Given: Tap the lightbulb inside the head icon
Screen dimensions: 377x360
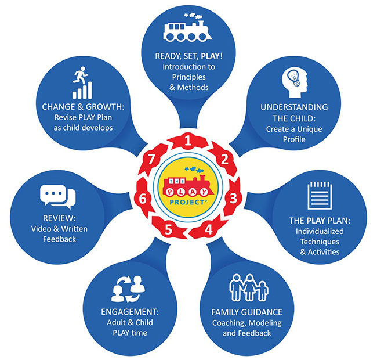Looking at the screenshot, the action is (x=293, y=77).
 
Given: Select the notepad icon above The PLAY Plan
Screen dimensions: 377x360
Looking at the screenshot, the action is (x=320, y=196).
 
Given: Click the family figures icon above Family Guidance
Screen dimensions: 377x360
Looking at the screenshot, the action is (x=249, y=287).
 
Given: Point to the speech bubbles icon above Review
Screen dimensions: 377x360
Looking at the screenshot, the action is (x=57, y=197).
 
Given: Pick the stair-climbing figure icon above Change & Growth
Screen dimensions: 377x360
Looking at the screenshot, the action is (x=82, y=82).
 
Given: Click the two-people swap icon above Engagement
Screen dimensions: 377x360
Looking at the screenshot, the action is (x=128, y=289).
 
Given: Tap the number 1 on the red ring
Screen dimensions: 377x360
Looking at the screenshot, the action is (x=188, y=141).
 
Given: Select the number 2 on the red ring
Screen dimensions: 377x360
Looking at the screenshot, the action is (x=224, y=159).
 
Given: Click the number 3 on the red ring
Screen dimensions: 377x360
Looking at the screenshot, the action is (x=233, y=198).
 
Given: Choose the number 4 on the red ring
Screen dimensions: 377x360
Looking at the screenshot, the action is (x=208, y=229).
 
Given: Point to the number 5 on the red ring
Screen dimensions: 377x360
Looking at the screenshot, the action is (x=168, y=229).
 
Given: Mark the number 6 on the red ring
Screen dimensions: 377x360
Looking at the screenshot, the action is (x=143, y=199).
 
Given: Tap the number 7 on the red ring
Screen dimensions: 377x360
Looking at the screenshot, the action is (x=151, y=159).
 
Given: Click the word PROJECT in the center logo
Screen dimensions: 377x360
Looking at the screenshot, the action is (x=187, y=203).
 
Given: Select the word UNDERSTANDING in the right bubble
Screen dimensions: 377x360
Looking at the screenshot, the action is (x=294, y=107).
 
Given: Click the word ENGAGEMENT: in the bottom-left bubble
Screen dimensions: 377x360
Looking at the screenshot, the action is (x=130, y=312).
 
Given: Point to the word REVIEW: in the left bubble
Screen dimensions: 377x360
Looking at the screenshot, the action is (x=59, y=218).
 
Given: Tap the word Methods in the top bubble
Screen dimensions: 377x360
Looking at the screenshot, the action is (x=193, y=87).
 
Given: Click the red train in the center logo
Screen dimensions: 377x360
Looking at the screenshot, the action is (x=188, y=185).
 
